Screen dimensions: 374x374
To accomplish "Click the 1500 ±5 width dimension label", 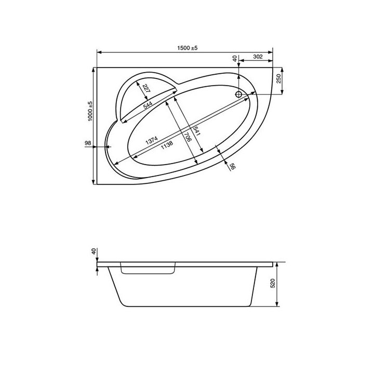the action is tap(187, 48).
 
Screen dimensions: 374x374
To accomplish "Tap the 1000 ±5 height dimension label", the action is tap(90, 111).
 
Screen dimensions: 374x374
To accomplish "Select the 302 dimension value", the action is tap(258, 57).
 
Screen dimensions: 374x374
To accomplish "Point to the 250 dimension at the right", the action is tap(279, 78).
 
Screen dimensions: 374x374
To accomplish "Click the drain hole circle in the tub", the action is tap(238, 94).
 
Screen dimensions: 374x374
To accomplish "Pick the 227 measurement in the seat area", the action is tap(146, 88).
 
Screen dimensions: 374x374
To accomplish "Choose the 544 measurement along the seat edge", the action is tap(148, 105).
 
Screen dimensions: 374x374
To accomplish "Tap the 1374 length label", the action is tap(152, 140).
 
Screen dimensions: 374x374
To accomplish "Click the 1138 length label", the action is tap(167, 145).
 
